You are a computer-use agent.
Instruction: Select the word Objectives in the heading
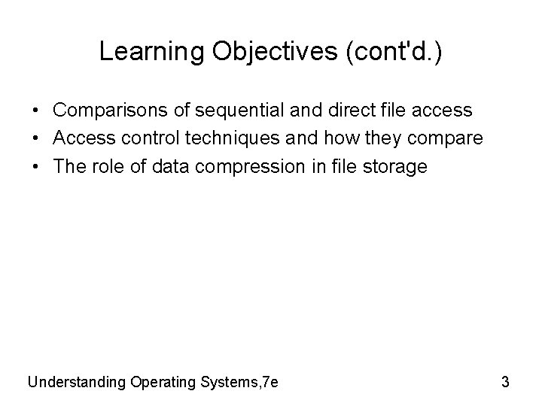(x=247, y=51)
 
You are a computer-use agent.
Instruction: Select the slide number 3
(x=505, y=381)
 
